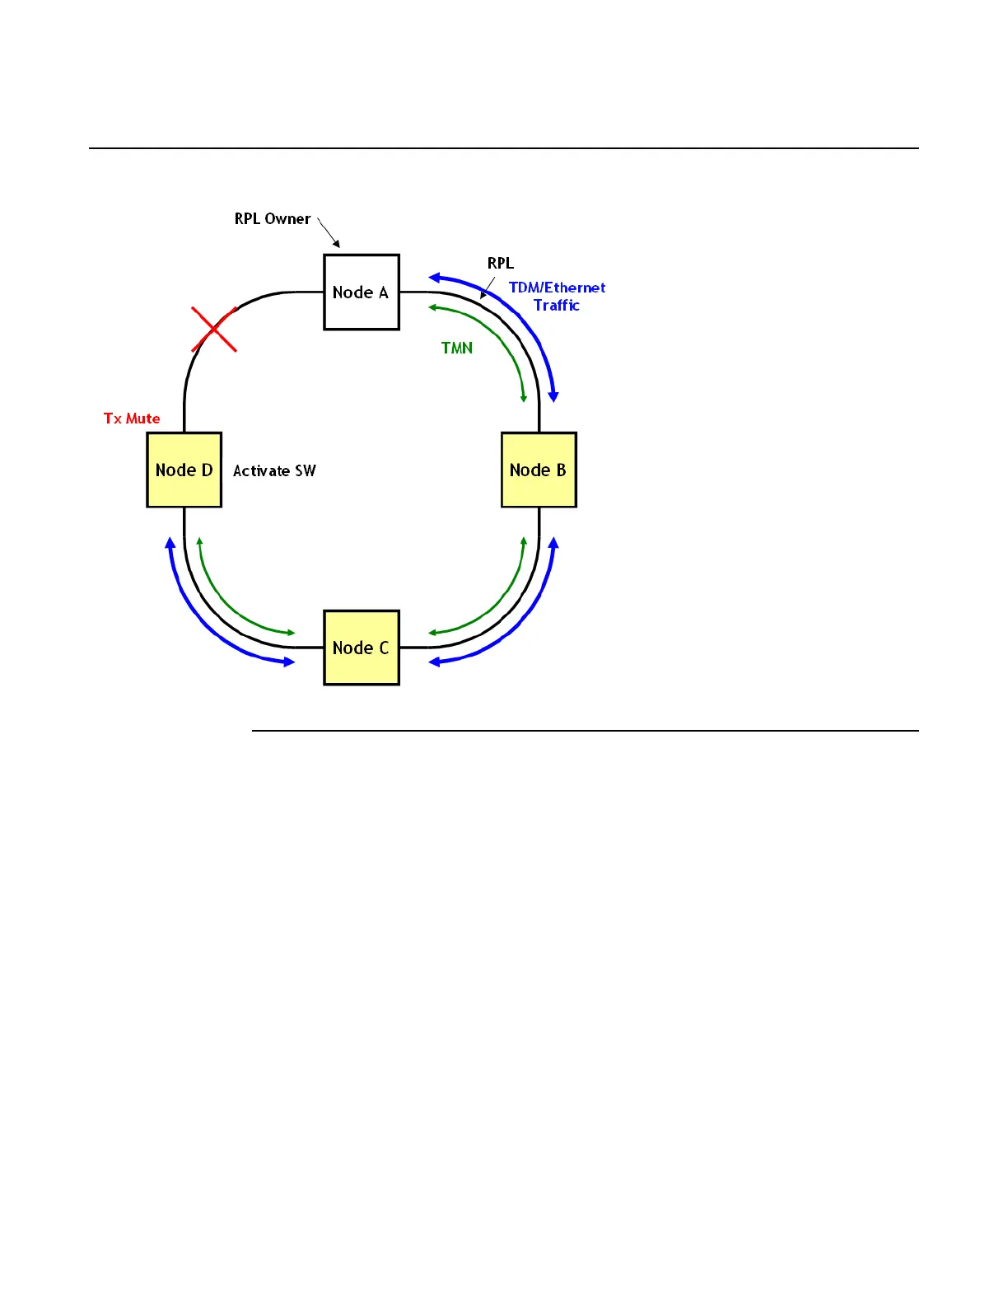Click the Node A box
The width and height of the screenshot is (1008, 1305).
point(362,292)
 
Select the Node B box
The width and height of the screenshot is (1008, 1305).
point(539,470)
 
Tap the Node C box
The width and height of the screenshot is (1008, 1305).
point(362,648)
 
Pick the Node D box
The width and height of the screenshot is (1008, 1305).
point(184,470)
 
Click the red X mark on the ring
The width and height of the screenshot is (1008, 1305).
point(214,330)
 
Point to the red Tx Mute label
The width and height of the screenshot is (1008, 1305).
point(132,419)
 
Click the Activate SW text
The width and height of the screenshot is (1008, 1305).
point(274,471)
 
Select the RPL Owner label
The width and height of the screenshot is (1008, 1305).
point(273,219)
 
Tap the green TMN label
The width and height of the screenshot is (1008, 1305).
point(457,348)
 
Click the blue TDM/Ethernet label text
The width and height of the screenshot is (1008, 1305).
point(557,288)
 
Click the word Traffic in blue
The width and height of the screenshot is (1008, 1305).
point(557,306)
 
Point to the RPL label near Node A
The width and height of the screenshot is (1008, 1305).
point(501,264)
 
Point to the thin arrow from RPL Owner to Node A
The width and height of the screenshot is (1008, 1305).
point(328,232)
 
